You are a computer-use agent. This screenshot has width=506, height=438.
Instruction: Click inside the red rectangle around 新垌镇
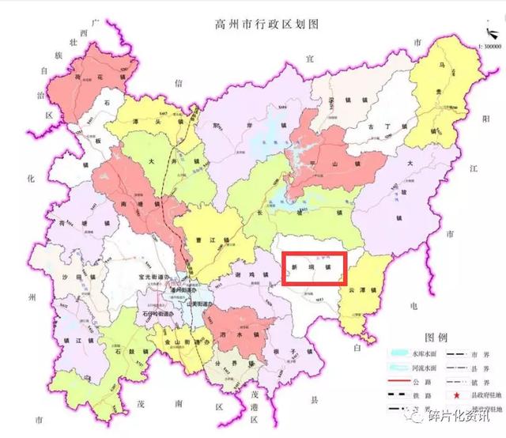(x=315, y=267)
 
